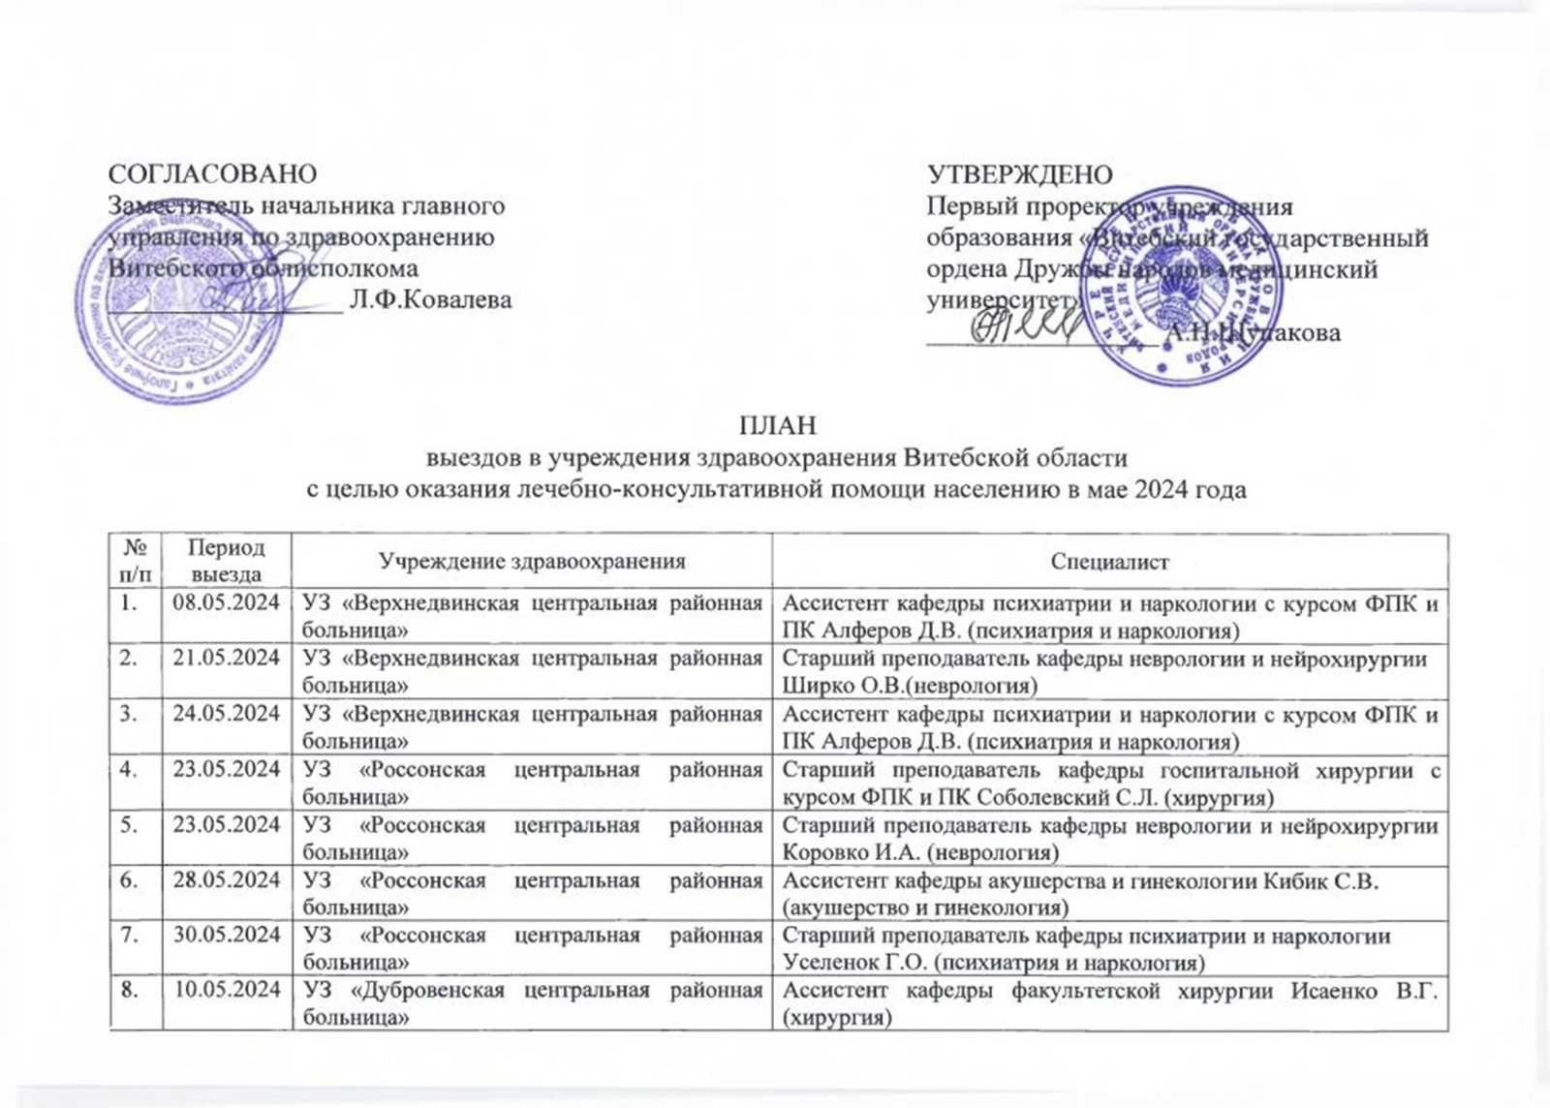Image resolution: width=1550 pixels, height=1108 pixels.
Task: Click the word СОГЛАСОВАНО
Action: (212, 174)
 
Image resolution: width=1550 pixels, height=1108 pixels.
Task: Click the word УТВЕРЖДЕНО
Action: (1020, 174)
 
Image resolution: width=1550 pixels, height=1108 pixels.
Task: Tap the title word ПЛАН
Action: (777, 425)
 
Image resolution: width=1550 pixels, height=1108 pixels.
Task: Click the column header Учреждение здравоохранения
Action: (532, 561)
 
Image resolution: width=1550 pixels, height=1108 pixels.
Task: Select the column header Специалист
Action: (1110, 562)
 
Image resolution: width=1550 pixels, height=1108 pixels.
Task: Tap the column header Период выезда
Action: (227, 560)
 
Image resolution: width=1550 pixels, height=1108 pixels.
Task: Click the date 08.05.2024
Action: (227, 603)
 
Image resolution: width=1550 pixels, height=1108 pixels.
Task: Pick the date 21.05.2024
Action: (227, 659)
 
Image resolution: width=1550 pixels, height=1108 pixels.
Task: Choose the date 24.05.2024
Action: (227, 714)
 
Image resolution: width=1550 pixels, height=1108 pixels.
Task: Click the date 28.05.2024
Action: (227, 880)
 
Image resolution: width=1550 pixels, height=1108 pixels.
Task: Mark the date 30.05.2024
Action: (227, 936)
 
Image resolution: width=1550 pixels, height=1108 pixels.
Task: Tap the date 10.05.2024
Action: (227, 991)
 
